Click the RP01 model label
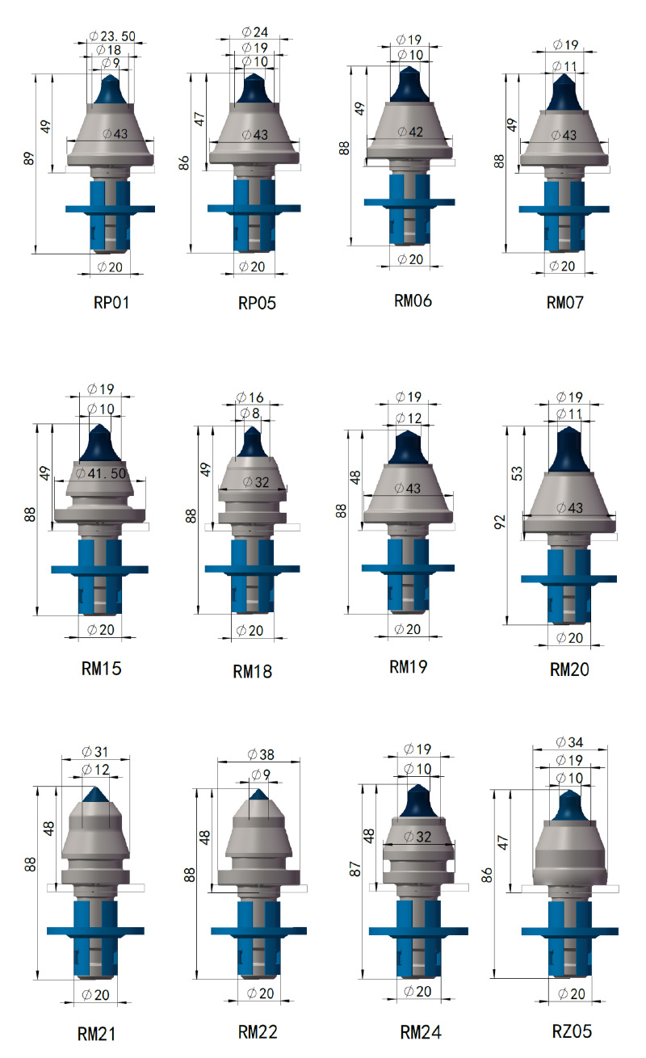click(111, 302)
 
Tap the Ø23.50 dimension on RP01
click(112, 36)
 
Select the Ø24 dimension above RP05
click(255, 31)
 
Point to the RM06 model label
click(413, 300)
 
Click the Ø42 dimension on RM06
click(410, 132)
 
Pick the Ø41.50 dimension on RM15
click(101, 472)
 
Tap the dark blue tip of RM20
click(569, 450)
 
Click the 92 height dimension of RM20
click(500, 522)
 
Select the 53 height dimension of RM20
click(517, 473)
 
